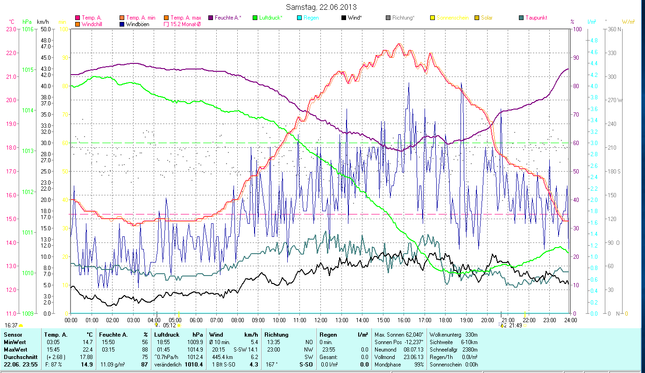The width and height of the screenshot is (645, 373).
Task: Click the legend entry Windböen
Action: (x=137, y=24)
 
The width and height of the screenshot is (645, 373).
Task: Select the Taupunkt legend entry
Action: (x=536, y=18)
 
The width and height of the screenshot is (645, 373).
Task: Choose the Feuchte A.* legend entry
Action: (x=227, y=18)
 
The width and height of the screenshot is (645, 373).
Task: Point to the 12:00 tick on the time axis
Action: (x=321, y=320)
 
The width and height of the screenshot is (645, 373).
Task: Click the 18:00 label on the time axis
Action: (x=446, y=320)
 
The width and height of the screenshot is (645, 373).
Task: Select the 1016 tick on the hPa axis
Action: (x=27, y=29)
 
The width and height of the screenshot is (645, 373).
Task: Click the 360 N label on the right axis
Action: (x=614, y=29)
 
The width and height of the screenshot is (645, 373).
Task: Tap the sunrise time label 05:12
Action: (x=169, y=325)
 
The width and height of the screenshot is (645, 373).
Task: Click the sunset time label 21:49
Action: (x=516, y=325)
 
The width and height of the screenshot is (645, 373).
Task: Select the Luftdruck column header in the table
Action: (x=167, y=335)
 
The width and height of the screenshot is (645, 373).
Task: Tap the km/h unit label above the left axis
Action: (x=43, y=22)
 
